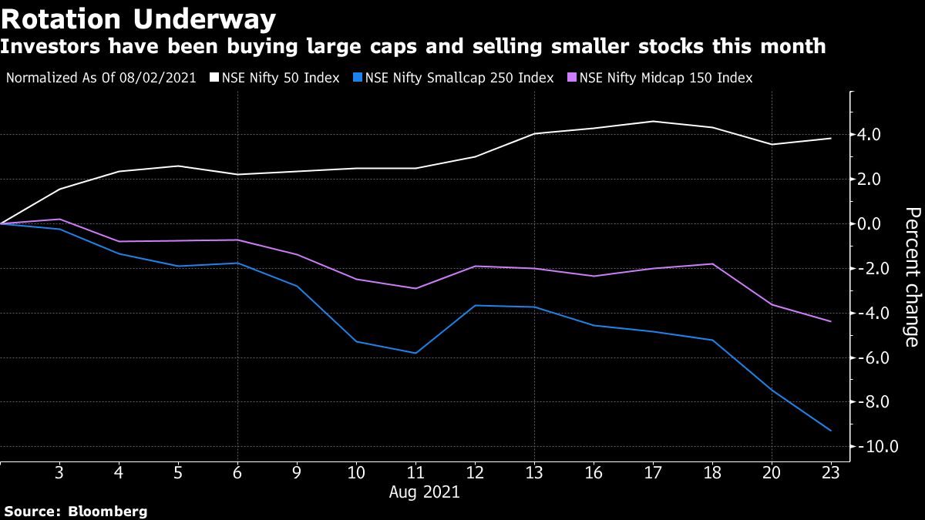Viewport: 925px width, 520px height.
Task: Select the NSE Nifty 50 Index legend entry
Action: click(281, 78)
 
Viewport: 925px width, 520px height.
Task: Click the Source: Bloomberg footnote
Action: click(76, 511)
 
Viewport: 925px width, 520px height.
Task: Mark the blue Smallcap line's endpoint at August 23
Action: click(831, 431)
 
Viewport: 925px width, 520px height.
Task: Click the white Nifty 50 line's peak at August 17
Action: click(653, 121)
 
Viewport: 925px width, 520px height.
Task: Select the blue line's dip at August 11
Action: click(415, 353)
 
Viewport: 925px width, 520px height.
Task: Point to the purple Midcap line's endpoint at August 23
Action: click(831, 321)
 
